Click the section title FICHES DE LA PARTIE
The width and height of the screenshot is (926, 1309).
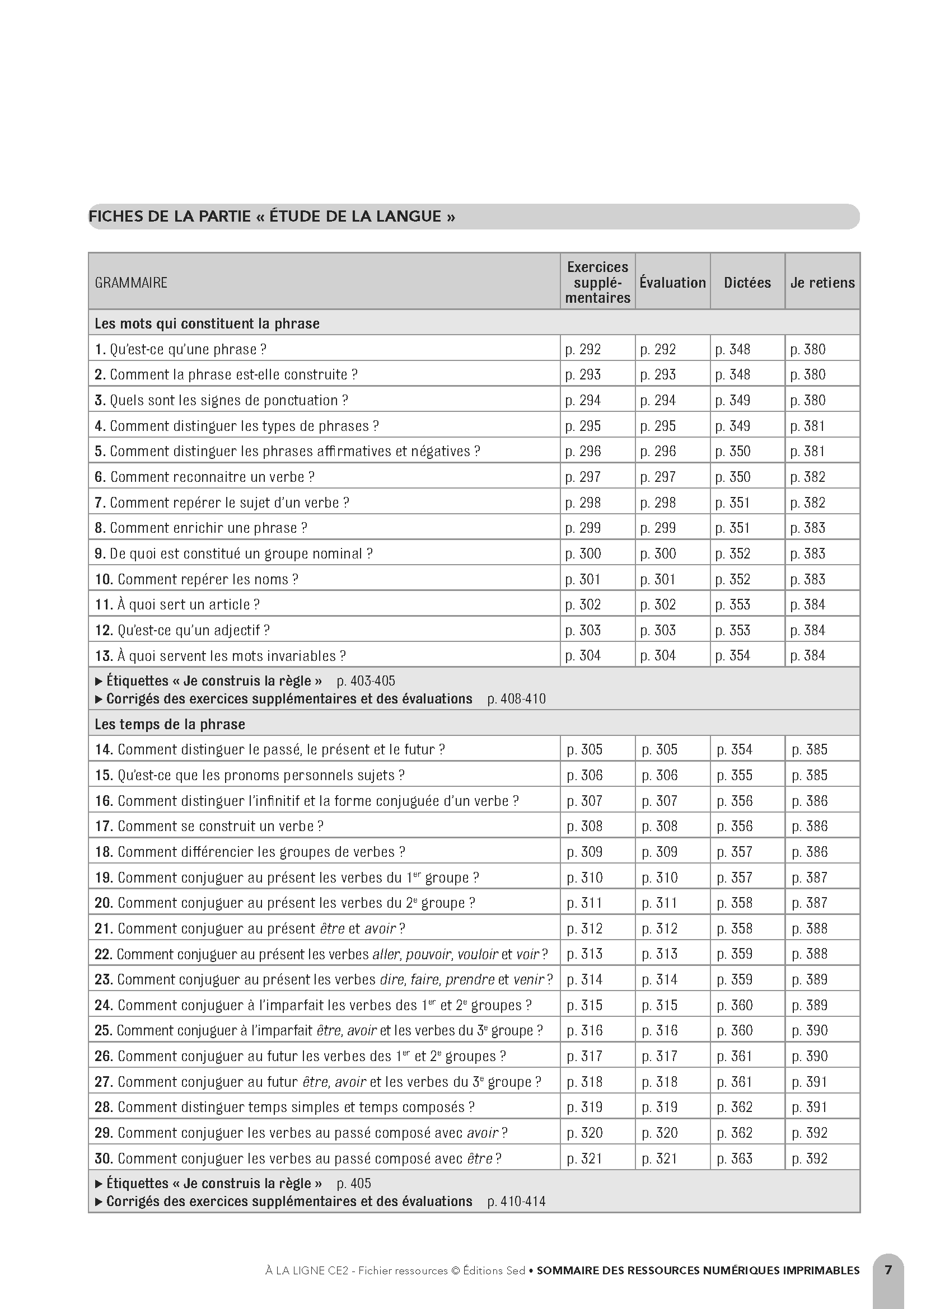point(272,217)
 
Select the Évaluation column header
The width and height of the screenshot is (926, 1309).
point(672,283)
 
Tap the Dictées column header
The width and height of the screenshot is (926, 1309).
point(747,283)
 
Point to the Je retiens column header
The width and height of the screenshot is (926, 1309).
point(822,283)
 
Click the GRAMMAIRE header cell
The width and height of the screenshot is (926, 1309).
point(131,283)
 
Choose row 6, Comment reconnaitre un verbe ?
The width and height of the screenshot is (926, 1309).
point(205,477)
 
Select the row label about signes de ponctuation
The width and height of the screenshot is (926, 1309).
point(221,400)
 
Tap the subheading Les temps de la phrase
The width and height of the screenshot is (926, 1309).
point(170,724)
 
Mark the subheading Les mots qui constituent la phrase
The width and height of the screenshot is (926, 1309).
point(207,324)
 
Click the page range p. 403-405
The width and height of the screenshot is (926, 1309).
point(366,681)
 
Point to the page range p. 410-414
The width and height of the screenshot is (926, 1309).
point(516,1202)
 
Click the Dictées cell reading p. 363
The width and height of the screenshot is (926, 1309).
point(735,1158)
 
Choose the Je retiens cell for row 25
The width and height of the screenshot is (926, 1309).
point(810,1031)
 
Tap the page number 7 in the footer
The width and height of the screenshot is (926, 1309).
point(888,1270)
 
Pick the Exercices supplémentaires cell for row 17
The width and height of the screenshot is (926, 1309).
point(584,826)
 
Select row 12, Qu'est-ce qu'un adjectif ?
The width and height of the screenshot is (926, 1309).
point(183,631)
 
